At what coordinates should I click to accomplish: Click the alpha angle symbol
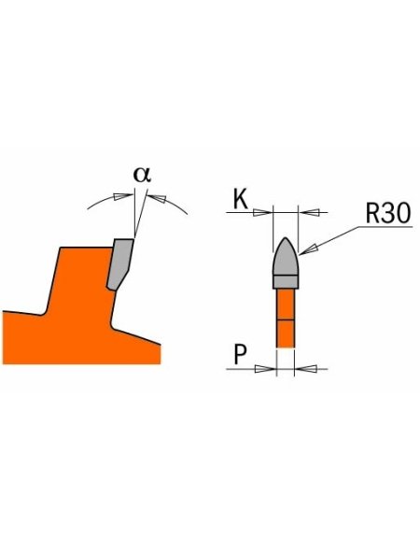click(x=142, y=175)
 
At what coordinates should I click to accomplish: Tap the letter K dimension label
click(x=241, y=199)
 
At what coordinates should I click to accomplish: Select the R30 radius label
click(x=388, y=213)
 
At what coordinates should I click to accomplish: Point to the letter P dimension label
click(x=240, y=355)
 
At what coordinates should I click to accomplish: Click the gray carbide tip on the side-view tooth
click(x=119, y=264)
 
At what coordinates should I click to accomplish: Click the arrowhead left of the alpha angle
click(x=123, y=196)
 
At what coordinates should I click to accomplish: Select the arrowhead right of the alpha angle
click(x=157, y=198)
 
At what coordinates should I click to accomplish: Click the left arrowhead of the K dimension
click(x=262, y=212)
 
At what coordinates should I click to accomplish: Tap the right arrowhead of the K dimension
click(x=309, y=212)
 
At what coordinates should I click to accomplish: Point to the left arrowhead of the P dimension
click(x=265, y=369)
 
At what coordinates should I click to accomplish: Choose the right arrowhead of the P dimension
click(x=305, y=369)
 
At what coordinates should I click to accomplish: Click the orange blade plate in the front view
click(x=286, y=318)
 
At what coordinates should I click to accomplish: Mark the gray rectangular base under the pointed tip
click(x=286, y=282)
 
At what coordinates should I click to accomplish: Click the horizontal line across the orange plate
click(x=286, y=320)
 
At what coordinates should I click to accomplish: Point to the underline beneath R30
click(x=385, y=227)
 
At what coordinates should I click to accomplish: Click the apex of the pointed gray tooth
click(x=286, y=238)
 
